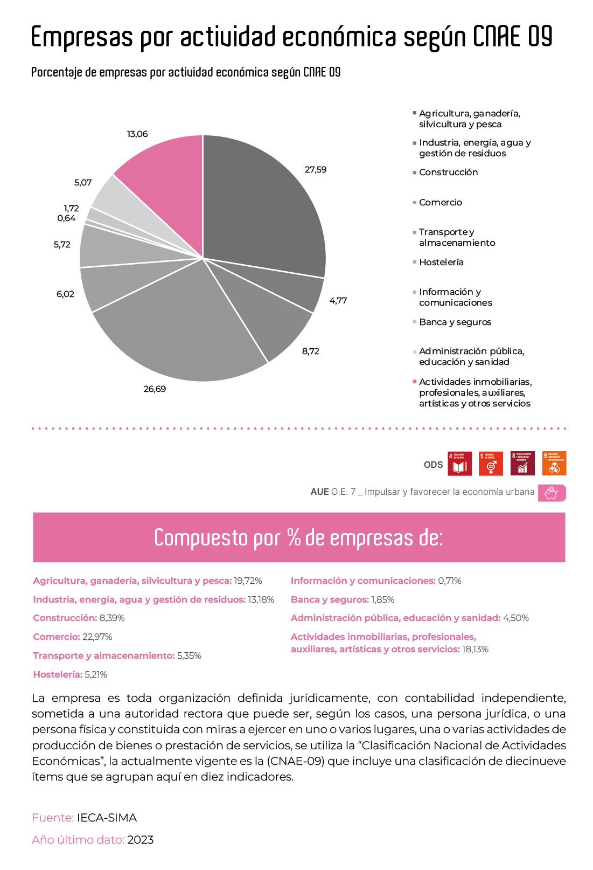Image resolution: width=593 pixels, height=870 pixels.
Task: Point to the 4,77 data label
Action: (338, 301)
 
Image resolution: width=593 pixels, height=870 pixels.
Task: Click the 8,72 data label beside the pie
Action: (311, 351)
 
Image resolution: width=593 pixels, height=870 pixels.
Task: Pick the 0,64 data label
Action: (66, 218)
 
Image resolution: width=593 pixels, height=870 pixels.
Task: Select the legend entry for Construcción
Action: (448, 172)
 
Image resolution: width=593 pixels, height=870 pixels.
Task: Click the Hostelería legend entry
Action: (441, 263)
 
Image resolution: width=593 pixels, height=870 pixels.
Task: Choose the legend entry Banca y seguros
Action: (455, 322)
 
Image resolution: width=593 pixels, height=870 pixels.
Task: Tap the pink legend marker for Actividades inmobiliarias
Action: (415, 382)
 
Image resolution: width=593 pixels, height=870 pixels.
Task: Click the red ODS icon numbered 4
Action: (459, 464)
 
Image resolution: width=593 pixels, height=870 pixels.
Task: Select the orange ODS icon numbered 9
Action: (554, 464)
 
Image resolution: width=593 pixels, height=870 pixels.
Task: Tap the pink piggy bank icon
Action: (552, 493)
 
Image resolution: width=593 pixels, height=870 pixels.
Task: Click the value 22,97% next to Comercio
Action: (97, 637)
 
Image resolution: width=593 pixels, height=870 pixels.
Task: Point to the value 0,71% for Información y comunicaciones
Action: (450, 581)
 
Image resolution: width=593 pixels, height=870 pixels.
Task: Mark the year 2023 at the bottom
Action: (140, 840)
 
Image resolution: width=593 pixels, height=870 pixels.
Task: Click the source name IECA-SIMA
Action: (107, 818)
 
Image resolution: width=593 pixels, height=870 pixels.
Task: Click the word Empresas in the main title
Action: (82, 38)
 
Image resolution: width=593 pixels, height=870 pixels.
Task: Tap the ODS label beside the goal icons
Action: (433, 465)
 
